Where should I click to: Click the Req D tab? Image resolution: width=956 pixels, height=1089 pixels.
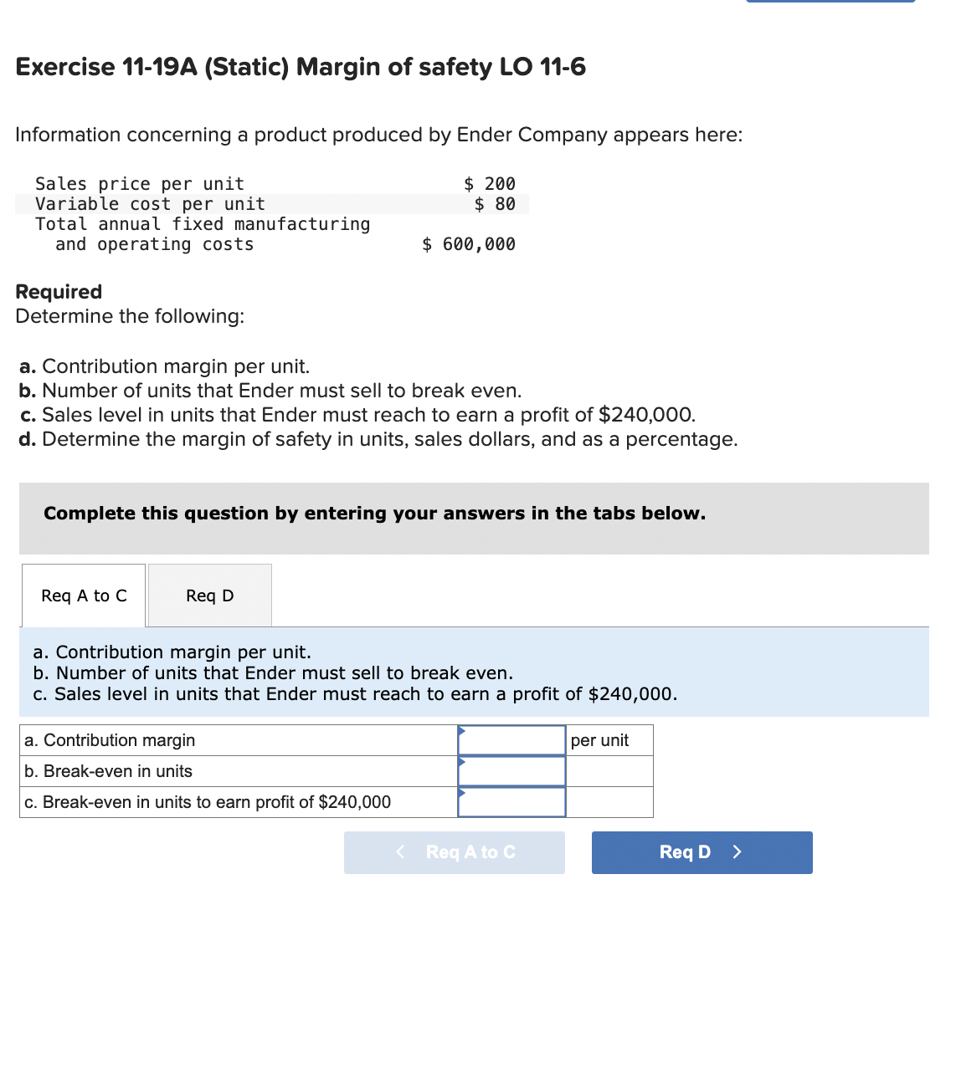(x=210, y=596)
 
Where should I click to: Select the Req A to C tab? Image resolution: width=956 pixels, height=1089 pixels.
(x=84, y=596)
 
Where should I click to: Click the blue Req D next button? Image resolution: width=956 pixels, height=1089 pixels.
(x=702, y=852)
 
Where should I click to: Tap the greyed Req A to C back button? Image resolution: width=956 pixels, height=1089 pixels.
(x=455, y=852)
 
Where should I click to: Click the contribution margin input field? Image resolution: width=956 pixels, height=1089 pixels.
(x=511, y=740)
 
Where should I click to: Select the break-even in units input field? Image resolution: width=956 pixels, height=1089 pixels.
(x=511, y=771)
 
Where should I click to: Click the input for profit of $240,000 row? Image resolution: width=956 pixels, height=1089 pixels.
(x=511, y=802)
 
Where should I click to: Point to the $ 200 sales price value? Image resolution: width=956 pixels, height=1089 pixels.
(x=491, y=184)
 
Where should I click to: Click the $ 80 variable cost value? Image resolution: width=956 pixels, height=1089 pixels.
(x=495, y=204)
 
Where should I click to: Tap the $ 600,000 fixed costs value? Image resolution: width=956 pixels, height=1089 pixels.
(x=469, y=244)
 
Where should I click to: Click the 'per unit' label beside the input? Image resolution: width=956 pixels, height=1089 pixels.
(x=599, y=740)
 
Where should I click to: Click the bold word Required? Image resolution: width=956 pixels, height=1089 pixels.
(x=59, y=292)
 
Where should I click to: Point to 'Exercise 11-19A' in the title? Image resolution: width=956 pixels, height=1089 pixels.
(x=106, y=67)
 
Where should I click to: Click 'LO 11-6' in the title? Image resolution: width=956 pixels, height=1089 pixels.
(x=542, y=67)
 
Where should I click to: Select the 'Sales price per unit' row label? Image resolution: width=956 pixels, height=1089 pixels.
(x=140, y=184)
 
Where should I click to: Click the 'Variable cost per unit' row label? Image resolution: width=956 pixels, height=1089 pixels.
(x=150, y=204)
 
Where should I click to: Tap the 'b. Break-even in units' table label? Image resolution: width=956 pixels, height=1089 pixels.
(x=109, y=771)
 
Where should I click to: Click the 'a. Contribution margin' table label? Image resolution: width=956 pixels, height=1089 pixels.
(x=110, y=740)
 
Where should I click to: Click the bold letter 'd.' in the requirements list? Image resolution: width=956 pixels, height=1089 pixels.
(x=28, y=439)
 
